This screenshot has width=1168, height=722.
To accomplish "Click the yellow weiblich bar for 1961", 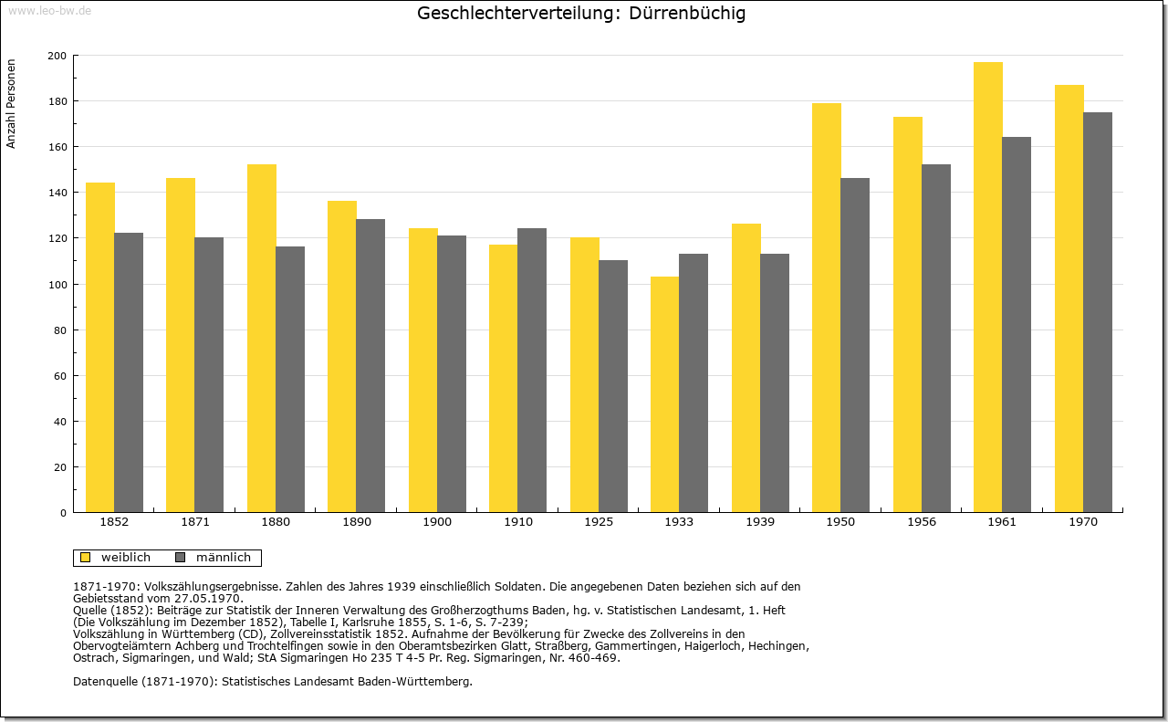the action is coord(987,288).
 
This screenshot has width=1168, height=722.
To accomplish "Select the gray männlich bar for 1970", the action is coord(1098,312).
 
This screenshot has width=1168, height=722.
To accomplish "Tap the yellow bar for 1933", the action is coord(665,394).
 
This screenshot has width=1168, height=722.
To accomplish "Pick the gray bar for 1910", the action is coord(532,371).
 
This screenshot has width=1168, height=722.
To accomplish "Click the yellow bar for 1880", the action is coord(262,339).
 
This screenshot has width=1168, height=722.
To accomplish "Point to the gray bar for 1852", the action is coord(129,372).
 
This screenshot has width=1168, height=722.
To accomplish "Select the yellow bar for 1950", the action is coord(827,308).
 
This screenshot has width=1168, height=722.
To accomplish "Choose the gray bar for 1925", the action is coord(613,386).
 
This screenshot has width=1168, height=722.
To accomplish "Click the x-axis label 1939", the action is coord(760,522).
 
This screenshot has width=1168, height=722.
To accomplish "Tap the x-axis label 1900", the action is coord(437,522).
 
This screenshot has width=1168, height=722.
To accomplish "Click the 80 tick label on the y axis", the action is coord(60,330).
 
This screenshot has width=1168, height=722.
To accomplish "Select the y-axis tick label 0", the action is coord(64,513).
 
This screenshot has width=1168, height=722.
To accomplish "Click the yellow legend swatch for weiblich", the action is coord(86,558).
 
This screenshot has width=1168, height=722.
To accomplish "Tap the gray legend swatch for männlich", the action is coord(181,558).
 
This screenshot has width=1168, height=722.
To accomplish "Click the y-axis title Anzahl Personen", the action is coord(11,104).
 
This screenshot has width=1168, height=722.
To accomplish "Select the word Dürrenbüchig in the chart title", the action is coord(687,13).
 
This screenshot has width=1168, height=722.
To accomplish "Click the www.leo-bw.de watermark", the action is coord(49,10).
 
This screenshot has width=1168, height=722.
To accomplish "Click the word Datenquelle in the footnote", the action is coord(105,682).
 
